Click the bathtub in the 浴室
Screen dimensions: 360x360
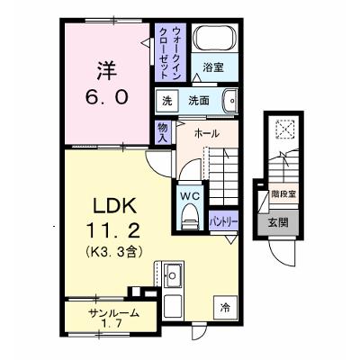(x=214, y=38)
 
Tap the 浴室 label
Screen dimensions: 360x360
(x=213, y=67)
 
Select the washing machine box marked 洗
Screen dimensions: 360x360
(x=167, y=101)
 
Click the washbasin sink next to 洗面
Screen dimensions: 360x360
(x=230, y=101)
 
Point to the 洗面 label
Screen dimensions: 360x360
(x=199, y=101)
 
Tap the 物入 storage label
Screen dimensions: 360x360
(x=163, y=132)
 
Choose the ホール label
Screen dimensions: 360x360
(x=207, y=133)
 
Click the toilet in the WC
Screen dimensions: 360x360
(x=190, y=216)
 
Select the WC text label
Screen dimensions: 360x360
(x=190, y=196)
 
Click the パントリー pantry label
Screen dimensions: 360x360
(x=224, y=222)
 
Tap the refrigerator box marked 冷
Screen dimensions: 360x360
(x=225, y=307)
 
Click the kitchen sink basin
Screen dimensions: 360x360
(x=173, y=275)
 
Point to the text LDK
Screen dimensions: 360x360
(x=114, y=206)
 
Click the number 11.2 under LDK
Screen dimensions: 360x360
(x=113, y=231)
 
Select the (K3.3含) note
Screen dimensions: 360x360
(x=113, y=252)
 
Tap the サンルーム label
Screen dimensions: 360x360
(x=113, y=313)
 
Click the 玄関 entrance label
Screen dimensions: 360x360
(x=278, y=222)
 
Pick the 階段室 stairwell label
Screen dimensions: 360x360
(x=283, y=193)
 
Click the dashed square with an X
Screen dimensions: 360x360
(x=285, y=129)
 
